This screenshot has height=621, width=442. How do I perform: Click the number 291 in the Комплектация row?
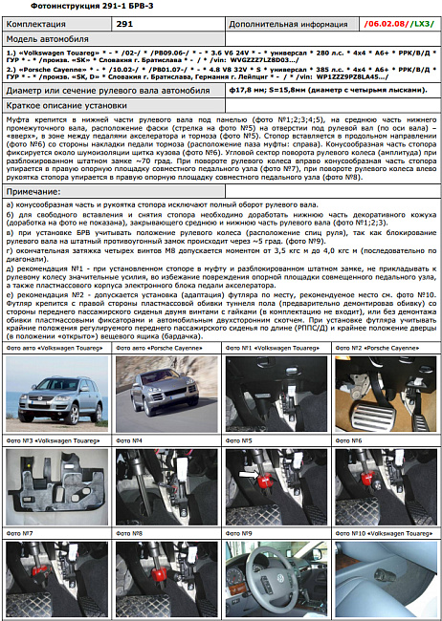pyautogui.click(x=124, y=22)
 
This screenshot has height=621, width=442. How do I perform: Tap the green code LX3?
pyautogui.click(x=418, y=22)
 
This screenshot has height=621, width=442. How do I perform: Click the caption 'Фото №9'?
pyautogui.click(x=239, y=532)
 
